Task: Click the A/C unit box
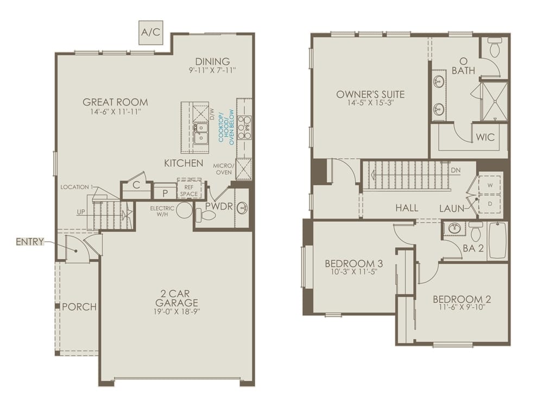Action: (x=150, y=32)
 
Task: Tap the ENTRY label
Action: (x=30, y=242)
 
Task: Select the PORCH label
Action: (x=79, y=307)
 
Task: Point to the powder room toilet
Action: (x=206, y=215)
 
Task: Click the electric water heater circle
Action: (x=185, y=211)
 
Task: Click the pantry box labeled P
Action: (x=165, y=192)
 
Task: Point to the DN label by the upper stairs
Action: (x=456, y=170)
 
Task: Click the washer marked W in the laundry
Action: (x=490, y=185)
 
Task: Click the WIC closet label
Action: (x=485, y=137)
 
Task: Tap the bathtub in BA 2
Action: (x=497, y=240)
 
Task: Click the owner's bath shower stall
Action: (x=494, y=101)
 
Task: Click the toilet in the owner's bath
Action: (x=494, y=49)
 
